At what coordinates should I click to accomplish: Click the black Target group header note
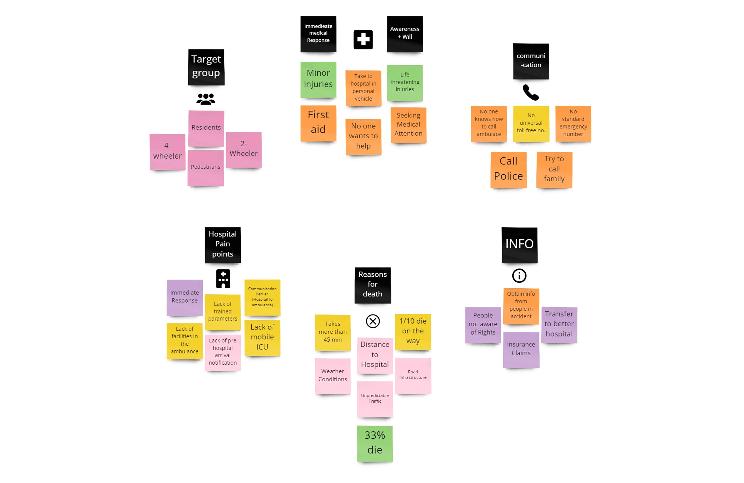point(206,67)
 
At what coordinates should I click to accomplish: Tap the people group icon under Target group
point(206,99)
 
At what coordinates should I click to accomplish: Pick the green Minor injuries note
point(318,79)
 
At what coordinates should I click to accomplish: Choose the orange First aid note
point(318,123)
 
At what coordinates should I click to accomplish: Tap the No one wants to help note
point(363,136)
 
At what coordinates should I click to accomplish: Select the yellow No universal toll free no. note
point(531,123)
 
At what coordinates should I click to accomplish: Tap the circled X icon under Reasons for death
point(373,321)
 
